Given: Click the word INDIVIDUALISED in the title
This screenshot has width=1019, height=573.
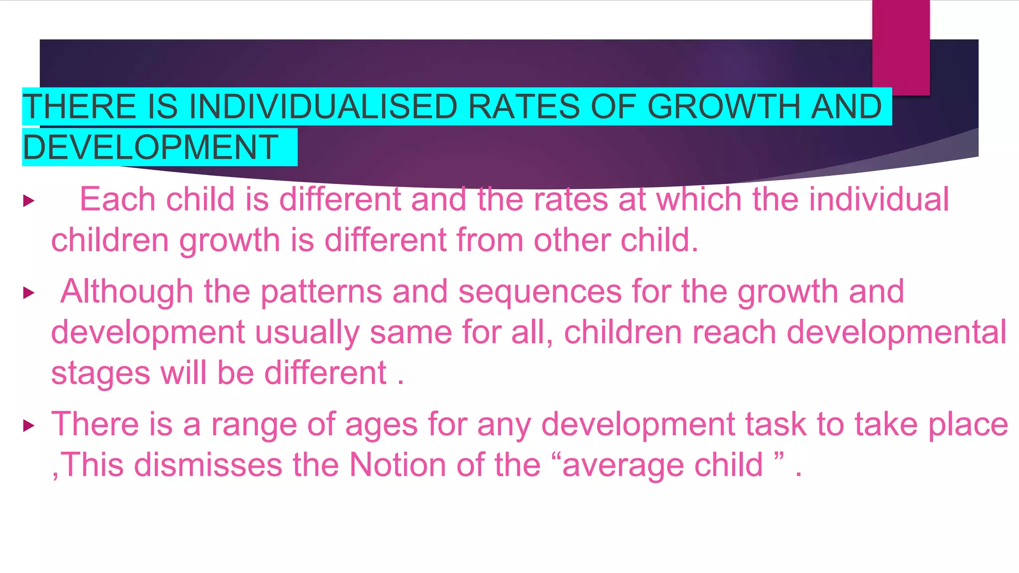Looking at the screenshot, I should coord(323,106).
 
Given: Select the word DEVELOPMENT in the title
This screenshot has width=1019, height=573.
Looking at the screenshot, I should coord(150,147).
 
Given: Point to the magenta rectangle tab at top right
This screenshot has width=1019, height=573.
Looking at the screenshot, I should coord(901,47).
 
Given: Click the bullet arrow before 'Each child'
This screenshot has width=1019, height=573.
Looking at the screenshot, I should coord(29,201).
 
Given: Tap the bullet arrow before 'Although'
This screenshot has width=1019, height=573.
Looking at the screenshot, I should coord(29,293).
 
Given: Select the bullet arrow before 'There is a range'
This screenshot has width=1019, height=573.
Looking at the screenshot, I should coord(29,426).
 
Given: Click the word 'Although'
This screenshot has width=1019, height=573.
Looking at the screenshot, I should coord(126,291).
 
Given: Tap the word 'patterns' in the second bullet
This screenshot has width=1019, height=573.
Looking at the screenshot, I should coord(321,291).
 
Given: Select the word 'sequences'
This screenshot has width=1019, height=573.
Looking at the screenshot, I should coord(540,291).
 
